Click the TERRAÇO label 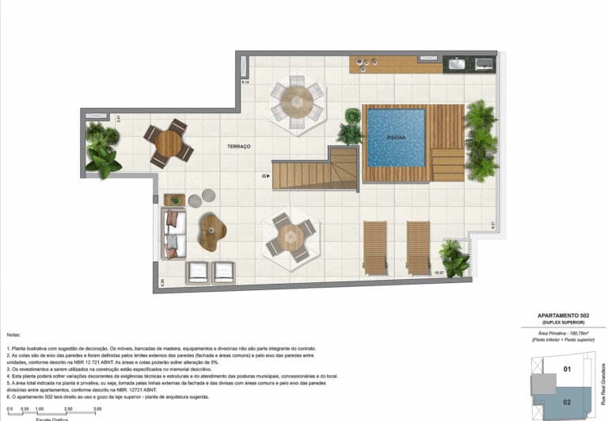pyautogui.click(x=238, y=147)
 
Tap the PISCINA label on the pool pyautogui.click(x=396, y=138)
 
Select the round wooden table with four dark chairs pyautogui.click(x=168, y=144)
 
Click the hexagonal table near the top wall pyautogui.click(x=297, y=101)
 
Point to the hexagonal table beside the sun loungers pyautogui.click(x=291, y=236)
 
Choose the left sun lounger pyautogui.click(x=374, y=246)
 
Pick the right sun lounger pyautogui.click(x=418, y=246)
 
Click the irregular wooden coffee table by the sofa pyautogui.click(x=211, y=232)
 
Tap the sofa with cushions pyautogui.click(x=173, y=232)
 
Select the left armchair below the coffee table pyautogui.click(x=197, y=272)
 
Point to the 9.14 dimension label pyautogui.click(x=245, y=82)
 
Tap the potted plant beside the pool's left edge pyautogui.click(x=350, y=127)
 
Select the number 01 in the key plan pyautogui.click(x=567, y=369)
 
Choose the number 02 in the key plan pyautogui.click(x=567, y=402)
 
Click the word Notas pyautogui.click(x=14, y=335)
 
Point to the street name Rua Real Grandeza pyautogui.click(x=602, y=388)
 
